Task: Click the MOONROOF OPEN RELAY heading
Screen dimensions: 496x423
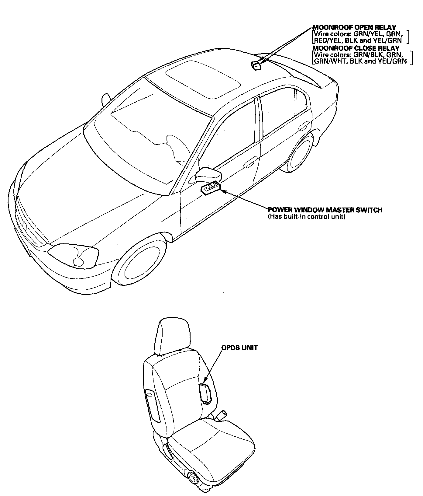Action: [354, 27]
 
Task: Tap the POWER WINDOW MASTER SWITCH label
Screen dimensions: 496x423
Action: [325, 210]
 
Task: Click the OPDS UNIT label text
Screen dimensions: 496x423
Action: [239, 348]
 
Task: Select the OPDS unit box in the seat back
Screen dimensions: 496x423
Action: [205, 394]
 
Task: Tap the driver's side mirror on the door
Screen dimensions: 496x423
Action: [208, 174]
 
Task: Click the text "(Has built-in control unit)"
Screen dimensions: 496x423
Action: [306, 217]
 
